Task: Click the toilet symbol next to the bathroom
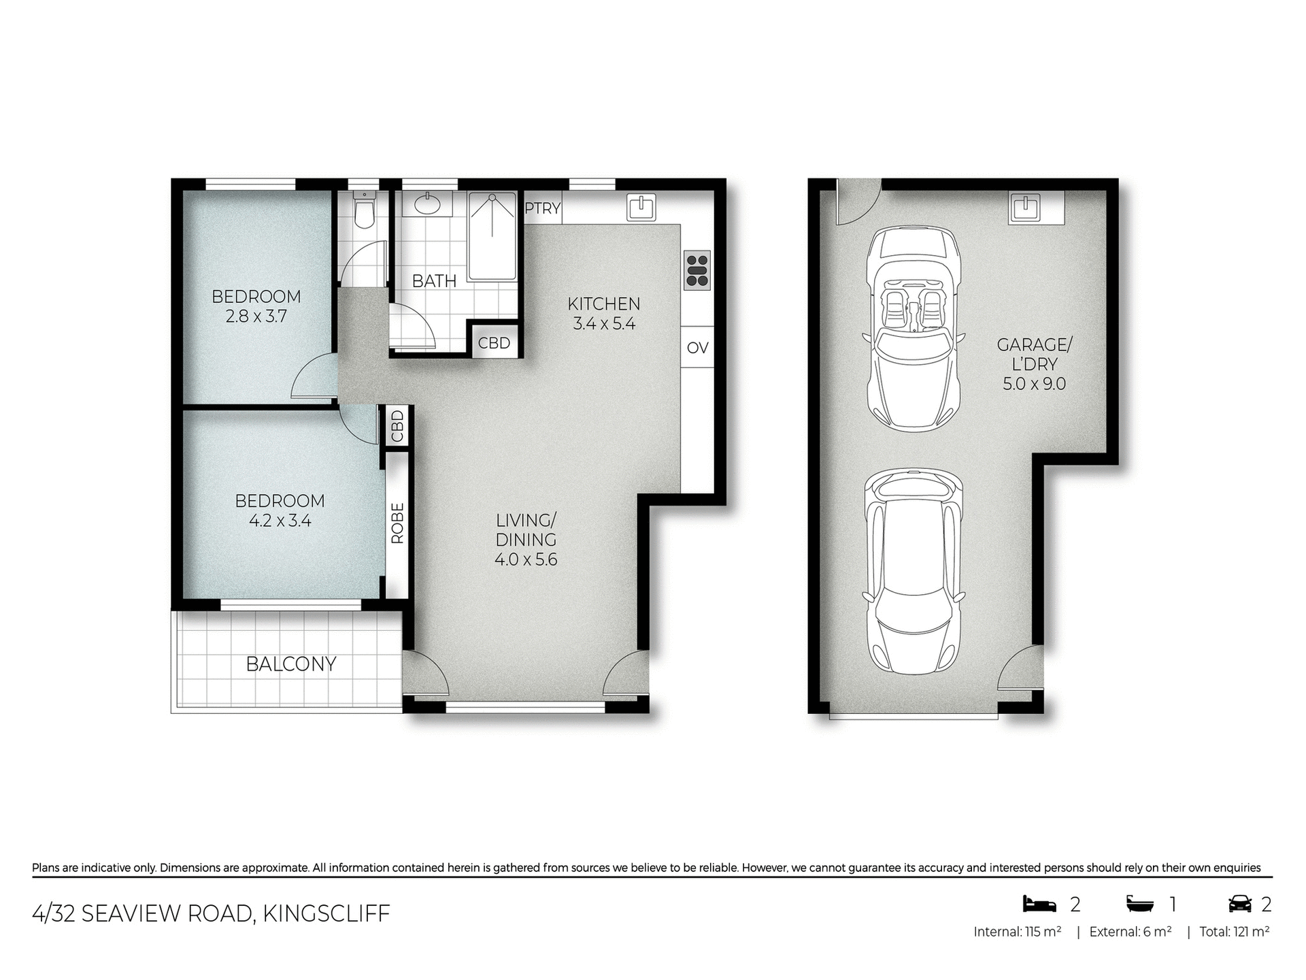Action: pyautogui.click(x=365, y=210)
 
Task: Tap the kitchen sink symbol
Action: pyautogui.click(x=640, y=207)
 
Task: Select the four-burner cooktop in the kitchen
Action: pyautogui.click(x=697, y=270)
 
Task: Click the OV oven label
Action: pyautogui.click(x=697, y=348)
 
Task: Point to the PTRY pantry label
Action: pyautogui.click(x=542, y=209)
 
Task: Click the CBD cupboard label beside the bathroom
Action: pyautogui.click(x=494, y=343)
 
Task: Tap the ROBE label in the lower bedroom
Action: pyautogui.click(x=397, y=523)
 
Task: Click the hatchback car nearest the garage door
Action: pyautogui.click(x=914, y=573)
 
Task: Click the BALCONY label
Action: pyautogui.click(x=291, y=664)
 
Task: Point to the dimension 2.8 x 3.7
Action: pyautogui.click(x=256, y=316)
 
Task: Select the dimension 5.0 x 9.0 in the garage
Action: pyautogui.click(x=1034, y=384)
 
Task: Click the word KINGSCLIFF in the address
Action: pyautogui.click(x=326, y=913)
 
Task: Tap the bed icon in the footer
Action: pyautogui.click(x=1039, y=904)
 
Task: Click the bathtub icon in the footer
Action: pyautogui.click(x=1140, y=904)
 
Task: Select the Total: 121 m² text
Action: pyautogui.click(x=1234, y=932)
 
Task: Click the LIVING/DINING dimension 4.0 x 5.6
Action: pyautogui.click(x=526, y=559)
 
